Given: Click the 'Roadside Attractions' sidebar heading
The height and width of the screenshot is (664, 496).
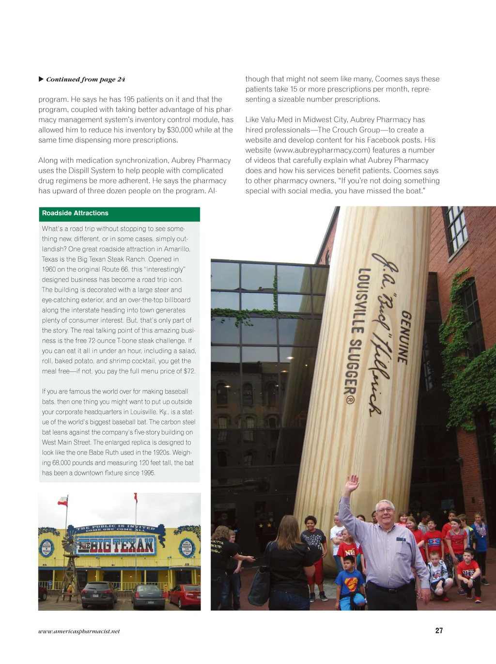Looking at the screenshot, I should pyautogui.click(x=75, y=213).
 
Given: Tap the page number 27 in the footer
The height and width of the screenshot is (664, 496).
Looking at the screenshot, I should pyautogui.click(x=439, y=631).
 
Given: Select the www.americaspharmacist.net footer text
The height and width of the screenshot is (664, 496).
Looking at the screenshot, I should pyautogui.click(x=79, y=631).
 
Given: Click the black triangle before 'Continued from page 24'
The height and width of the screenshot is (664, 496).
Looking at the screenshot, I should pyautogui.click(x=41, y=79).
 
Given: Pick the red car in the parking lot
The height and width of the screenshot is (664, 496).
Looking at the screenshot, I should pyautogui.click(x=184, y=596).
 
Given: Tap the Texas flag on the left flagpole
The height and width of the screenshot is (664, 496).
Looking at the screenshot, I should pyautogui.click(x=62, y=502).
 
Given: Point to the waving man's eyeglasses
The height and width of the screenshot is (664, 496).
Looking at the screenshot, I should pyautogui.click(x=385, y=509).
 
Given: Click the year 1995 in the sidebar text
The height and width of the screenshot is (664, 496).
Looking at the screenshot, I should pyautogui.click(x=148, y=473).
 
